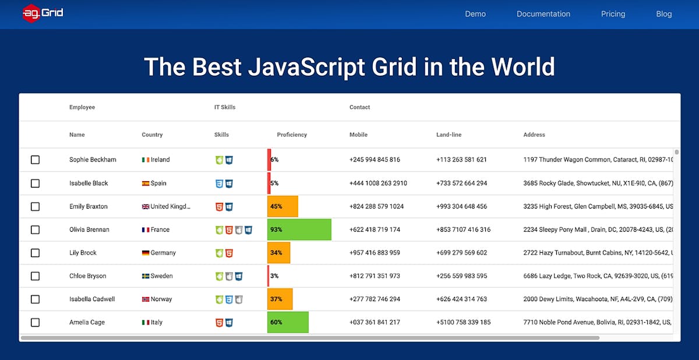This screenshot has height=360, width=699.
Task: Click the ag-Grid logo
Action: click(x=43, y=13)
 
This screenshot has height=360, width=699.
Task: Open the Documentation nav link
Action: click(x=543, y=14)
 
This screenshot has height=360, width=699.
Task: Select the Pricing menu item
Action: click(x=613, y=14)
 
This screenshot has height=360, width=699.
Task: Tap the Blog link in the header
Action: click(x=663, y=14)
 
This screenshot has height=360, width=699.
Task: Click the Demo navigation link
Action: click(x=475, y=14)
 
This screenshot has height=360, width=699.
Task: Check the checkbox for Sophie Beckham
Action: click(x=35, y=160)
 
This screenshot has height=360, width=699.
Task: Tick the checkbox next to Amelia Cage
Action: click(x=35, y=322)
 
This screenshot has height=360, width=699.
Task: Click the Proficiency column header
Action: click(x=291, y=135)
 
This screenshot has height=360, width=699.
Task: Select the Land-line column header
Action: click(x=449, y=135)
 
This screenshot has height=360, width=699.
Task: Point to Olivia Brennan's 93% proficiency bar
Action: click(x=299, y=230)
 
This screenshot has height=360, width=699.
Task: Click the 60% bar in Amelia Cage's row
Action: click(x=288, y=322)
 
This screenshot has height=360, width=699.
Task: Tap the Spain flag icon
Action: click(x=146, y=183)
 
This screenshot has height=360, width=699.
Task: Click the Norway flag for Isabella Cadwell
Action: click(x=146, y=299)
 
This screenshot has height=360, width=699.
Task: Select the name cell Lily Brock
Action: click(x=83, y=253)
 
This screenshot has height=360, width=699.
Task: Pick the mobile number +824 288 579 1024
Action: click(x=376, y=206)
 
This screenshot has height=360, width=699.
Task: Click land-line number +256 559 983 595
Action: click(x=461, y=276)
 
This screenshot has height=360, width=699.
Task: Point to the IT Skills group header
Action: click(x=225, y=107)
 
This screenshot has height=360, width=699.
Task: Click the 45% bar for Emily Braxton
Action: click(x=283, y=206)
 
